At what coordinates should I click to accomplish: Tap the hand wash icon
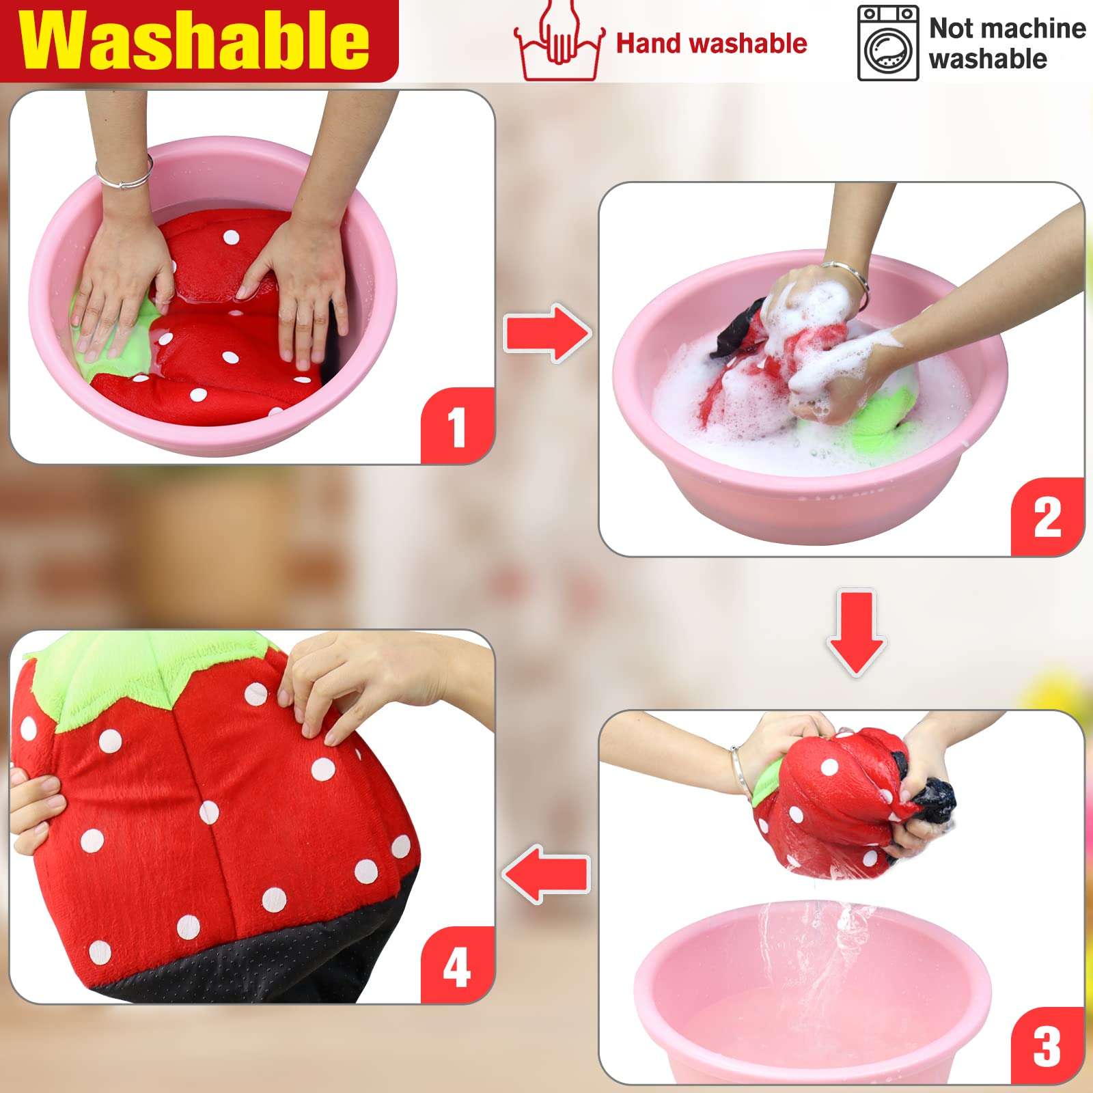point(559,41)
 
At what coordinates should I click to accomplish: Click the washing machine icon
point(887,44)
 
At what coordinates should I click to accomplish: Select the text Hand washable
point(711,44)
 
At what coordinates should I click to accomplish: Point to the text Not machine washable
point(1006,44)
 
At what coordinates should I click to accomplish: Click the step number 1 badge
point(456,426)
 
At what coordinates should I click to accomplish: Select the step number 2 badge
point(1047,517)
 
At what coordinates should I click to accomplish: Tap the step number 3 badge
point(1047,1046)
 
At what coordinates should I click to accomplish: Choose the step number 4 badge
point(456,966)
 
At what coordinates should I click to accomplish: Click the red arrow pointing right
point(547,333)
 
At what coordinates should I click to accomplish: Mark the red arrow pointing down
point(857,632)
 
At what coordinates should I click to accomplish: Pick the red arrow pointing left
point(546,874)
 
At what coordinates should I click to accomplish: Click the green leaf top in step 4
point(137,676)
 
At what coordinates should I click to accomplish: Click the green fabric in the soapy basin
point(881,424)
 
